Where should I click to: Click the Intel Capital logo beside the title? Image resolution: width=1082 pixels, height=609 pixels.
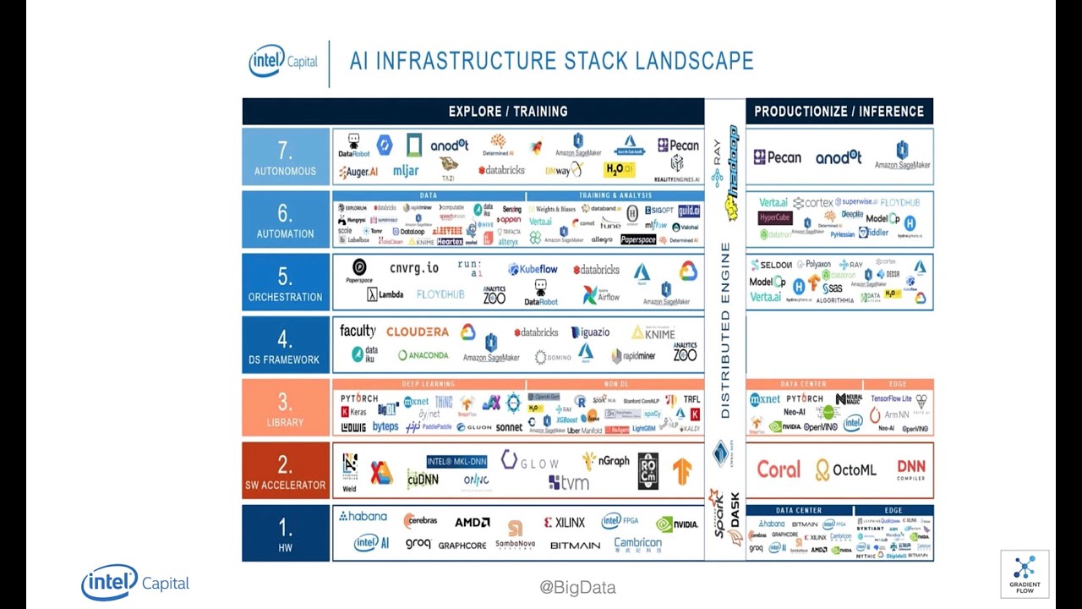[283, 62]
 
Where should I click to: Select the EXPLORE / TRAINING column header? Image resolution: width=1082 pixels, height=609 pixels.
[507, 112]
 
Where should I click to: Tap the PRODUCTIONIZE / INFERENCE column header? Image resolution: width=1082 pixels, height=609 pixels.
[839, 112]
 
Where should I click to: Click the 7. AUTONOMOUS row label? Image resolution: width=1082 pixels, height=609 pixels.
[285, 157]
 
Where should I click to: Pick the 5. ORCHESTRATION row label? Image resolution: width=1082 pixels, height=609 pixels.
[285, 283]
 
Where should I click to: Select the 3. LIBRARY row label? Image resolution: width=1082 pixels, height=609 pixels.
[285, 409]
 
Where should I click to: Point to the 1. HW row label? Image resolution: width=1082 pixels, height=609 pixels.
[285, 533]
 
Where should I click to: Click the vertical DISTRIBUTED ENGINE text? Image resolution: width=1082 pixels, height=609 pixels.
[725, 330]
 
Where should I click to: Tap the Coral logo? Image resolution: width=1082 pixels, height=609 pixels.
[778, 469]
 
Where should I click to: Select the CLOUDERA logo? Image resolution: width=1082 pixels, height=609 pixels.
[418, 332]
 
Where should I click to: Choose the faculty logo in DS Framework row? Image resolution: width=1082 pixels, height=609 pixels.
[358, 331]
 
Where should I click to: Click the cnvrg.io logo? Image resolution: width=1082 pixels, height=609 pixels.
[413, 268]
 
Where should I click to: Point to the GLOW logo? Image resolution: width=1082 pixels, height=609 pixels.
[530, 461]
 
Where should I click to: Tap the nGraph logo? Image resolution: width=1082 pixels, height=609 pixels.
[606, 461]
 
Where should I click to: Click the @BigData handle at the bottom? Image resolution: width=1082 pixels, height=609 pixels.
[577, 588]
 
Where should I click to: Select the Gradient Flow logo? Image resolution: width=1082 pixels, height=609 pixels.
[1025, 574]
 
